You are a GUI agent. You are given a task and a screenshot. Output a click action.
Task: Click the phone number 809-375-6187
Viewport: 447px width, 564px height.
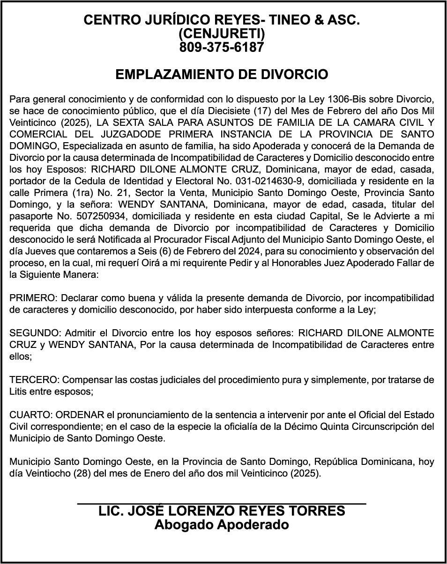click(x=222, y=47)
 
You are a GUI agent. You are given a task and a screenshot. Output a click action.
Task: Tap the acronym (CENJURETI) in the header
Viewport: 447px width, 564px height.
click(x=222, y=34)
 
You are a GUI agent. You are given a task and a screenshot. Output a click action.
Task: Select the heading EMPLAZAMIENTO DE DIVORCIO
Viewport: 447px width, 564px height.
click(x=222, y=75)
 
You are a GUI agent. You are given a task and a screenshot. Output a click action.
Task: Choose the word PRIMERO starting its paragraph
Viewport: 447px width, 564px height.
click(x=32, y=298)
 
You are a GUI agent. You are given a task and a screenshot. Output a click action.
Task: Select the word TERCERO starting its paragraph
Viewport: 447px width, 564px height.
click(x=34, y=380)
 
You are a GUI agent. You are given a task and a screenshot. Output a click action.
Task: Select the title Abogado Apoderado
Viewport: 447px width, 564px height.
click(x=222, y=525)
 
